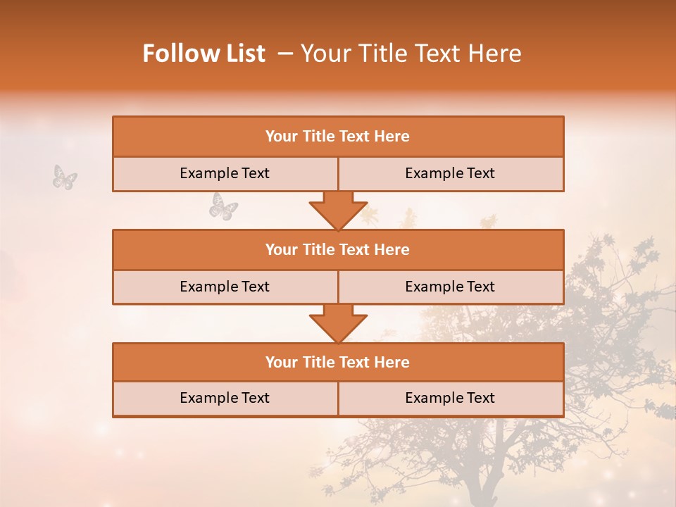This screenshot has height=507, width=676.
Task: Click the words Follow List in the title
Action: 204,54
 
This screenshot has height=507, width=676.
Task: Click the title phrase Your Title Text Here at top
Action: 411,54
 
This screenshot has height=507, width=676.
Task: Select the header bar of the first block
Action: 338,137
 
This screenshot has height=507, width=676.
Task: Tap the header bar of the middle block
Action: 338,249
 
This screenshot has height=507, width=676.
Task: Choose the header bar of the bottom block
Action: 338,362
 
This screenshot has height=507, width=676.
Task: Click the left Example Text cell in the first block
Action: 225,173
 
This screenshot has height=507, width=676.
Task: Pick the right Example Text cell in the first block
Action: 450,173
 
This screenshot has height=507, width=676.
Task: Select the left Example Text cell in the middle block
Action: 225,287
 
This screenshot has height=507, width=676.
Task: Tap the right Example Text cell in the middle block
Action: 450,287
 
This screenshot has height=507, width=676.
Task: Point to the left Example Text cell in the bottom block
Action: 225,398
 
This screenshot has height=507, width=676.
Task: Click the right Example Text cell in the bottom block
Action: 450,398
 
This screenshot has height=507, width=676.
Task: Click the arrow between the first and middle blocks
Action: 338,211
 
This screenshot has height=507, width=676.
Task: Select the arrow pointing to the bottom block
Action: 338,324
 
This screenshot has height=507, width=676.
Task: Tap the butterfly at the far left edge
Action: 65,177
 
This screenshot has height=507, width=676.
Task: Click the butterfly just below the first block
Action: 223,207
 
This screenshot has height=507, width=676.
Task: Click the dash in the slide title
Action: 284,54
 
